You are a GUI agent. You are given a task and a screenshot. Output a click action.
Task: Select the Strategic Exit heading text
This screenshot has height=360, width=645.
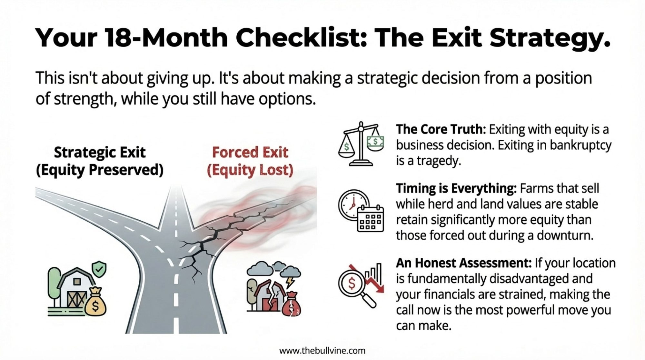coord(100,152)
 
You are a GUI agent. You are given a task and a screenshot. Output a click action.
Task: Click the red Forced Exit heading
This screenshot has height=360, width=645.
coord(250,152)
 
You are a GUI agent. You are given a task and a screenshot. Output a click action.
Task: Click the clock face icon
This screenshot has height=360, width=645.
coord(353,205)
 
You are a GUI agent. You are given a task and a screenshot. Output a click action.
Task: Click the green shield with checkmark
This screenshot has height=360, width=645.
coord(99,269)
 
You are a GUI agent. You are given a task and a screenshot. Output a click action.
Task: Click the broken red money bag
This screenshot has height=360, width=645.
coord(291,304)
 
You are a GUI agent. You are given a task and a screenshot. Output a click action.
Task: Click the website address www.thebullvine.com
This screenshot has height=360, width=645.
coord(322,351)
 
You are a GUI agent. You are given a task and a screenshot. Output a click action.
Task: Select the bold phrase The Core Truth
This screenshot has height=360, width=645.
coord(441,129)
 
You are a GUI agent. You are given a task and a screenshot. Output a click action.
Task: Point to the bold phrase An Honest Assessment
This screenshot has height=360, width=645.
coord(464,263)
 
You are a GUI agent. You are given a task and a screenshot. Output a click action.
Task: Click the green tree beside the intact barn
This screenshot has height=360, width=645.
coord(54,286)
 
